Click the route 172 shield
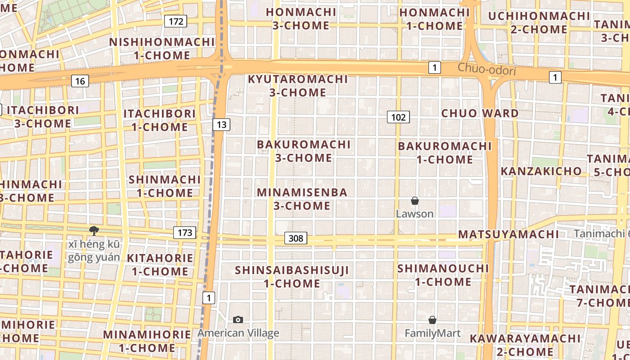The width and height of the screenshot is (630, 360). [175, 21]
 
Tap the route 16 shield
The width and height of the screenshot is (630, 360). [80, 81]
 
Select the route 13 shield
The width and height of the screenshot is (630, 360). [221, 125]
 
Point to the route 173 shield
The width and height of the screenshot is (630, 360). [184, 233]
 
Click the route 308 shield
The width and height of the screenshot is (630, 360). [296, 238]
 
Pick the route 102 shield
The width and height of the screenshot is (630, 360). [398, 117]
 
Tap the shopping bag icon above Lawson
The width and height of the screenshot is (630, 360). [415, 201]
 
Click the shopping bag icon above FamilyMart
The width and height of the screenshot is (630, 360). [432, 320]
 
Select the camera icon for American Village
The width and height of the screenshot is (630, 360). [238, 319]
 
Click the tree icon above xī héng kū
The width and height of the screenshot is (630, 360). [94, 231]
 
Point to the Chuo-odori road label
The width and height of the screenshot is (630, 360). [486, 70]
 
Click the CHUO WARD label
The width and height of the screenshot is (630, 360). [480, 113]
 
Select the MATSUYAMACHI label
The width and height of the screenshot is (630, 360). [508, 234]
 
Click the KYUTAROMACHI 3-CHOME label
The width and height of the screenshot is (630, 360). [298, 86]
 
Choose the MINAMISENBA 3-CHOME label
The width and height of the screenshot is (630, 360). [302, 199]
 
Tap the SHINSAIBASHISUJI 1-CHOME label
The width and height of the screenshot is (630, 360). [292, 277]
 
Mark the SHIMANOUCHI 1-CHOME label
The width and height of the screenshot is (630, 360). [443, 275]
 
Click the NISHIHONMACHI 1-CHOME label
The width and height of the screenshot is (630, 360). [162, 49]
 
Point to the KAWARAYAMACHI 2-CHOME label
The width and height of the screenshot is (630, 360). [525, 345]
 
